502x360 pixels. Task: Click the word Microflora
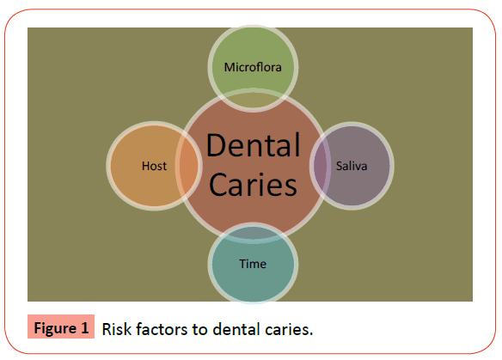[253, 67]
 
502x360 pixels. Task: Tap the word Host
[155, 166]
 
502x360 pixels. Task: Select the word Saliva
[352, 166]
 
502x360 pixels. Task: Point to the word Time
[253, 264]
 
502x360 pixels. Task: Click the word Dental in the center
[254, 145]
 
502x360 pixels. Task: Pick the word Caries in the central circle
[253, 185]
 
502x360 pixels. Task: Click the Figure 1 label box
[61, 326]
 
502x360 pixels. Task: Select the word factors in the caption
[162, 329]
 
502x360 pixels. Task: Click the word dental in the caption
[236, 329]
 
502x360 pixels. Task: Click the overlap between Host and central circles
[189, 166]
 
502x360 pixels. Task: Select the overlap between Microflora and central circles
[253, 101]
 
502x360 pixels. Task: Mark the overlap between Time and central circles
[253, 234]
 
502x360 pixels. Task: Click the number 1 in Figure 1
[84, 328]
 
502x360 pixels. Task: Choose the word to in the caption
[200, 330]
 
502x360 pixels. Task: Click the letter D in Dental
[217, 145]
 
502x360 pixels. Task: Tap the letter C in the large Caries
[218, 185]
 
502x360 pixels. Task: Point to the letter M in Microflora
[229, 67]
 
